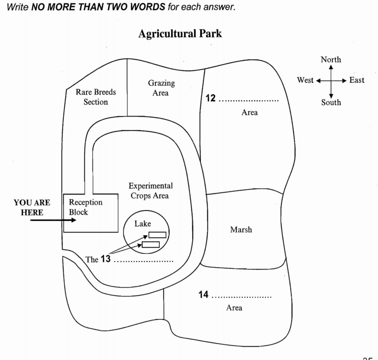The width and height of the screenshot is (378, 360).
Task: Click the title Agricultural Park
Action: click(x=180, y=34)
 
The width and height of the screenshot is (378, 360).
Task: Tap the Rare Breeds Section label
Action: click(x=96, y=97)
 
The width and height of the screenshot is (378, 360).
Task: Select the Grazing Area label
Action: click(x=161, y=88)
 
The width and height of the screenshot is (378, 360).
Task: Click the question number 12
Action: click(x=211, y=98)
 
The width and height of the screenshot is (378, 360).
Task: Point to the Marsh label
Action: click(x=241, y=230)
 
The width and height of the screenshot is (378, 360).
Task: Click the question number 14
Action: click(x=204, y=295)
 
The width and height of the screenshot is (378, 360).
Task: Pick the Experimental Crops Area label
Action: click(x=150, y=191)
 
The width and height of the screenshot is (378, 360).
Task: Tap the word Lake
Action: click(x=143, y=224)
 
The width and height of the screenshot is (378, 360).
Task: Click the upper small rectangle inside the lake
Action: click(x=157, y=235)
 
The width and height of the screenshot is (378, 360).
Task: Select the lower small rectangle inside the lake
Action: click(x=151, y=244)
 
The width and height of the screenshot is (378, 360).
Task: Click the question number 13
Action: click(x=106, y=259)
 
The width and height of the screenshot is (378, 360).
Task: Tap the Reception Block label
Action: click(x=85, y=207)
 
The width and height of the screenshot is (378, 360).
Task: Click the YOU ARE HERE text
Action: click(x=32, y=208)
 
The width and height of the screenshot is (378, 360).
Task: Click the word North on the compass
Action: click(x=331, y=59)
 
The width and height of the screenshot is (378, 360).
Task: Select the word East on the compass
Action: click(x=357, y=80)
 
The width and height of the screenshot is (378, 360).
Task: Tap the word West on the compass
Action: click(x=305, y=80)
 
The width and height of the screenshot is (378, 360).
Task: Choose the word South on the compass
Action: click(x=331, y=102)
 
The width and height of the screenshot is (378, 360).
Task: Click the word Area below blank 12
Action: click(x=249, y=112)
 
